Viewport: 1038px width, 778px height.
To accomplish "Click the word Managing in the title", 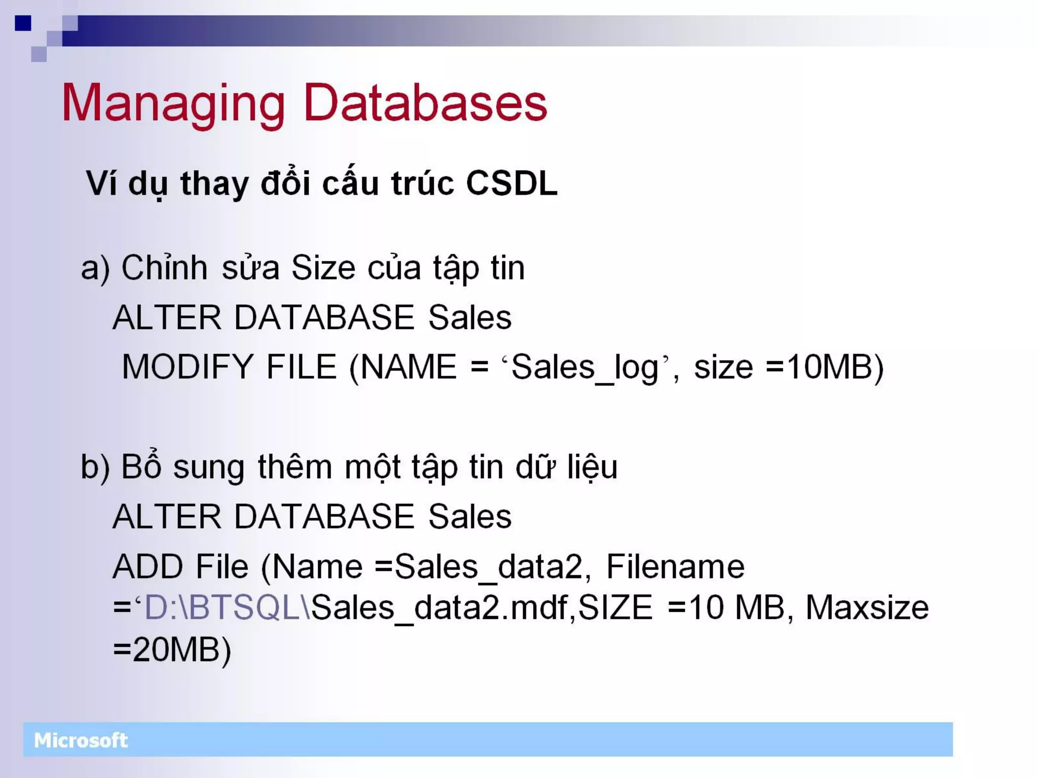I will (x=172, y=104).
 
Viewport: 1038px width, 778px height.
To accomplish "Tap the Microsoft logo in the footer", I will (x=81, y=741).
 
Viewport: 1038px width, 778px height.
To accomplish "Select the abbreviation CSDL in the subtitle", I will (x=511, y=183).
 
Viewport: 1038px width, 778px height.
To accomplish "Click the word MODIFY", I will (x=187, y=367).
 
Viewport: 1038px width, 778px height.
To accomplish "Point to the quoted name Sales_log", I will (x=585, y=368).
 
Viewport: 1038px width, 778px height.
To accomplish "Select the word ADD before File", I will (x=147, y=567).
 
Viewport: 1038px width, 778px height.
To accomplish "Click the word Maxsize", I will (x=867, y=608).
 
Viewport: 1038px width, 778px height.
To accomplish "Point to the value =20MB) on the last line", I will (x=172, y=650).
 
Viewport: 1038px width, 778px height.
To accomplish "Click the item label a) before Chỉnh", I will (x=95, y=268).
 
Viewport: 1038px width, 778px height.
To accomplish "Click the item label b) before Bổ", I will (x=95, y=468).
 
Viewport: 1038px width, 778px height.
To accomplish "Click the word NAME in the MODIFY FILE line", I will (x=409, y=367).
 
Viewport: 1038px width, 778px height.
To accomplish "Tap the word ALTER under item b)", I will (x=167, y=517).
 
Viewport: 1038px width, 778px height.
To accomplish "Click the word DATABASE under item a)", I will (x=324, y=318).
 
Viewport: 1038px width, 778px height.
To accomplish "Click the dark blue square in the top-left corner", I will (x=23, y=23).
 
